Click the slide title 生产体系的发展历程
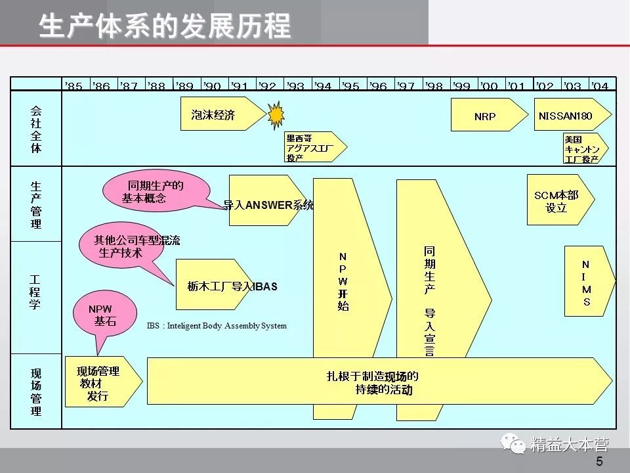pyautogui.click(x=165, y=26)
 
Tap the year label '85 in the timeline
pyautogui.click(x=74, y=86)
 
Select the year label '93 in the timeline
pyautogui.click(x=296, y=86)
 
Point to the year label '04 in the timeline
pyautogui.click(x=599, y=86)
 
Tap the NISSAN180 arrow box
pyautogui.click(x=568, y=116)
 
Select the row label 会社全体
pyautogui.click(x=36, y=129)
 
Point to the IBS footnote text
pyautogui.click(x=217, y=326)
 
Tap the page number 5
pyautogui.click(x=598, y=462)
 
